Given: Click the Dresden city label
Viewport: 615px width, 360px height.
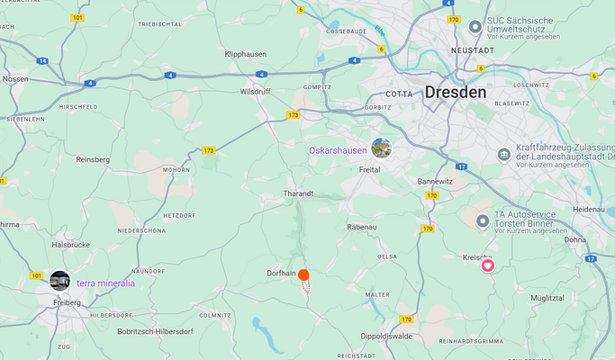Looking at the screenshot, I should (x=455, y=92).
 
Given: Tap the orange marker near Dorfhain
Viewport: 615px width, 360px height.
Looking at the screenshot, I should (x=304, y=275).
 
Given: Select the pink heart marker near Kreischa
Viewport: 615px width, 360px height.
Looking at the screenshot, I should (x=488, y=265).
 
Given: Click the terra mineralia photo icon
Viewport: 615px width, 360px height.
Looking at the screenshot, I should (x=60, y=281).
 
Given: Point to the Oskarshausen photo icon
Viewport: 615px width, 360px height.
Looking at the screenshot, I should (x=382, y=148).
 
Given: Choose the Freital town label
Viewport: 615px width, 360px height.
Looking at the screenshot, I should (x=369, y=169).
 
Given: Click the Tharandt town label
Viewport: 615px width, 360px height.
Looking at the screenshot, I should (x=298, y=193).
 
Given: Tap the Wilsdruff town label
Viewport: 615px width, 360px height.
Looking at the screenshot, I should (x=255, y=92).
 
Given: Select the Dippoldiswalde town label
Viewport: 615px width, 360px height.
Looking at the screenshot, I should (x=388, y=336).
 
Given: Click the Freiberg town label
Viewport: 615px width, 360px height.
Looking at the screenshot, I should (x=67, y=302).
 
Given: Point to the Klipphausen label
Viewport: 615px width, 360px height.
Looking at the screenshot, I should (x=245, y=54).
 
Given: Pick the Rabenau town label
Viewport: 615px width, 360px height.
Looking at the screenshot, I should (x=361, y=227).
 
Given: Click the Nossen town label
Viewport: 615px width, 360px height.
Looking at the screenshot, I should (x=14, y=78).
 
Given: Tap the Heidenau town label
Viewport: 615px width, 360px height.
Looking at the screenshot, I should (x=589, y=209).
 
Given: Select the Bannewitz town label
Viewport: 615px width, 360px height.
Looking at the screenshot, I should (x=435, y=181).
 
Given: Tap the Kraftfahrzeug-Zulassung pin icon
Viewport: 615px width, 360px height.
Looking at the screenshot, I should (x=505, y=155).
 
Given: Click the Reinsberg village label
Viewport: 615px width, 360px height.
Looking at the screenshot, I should (x=93, y=159).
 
